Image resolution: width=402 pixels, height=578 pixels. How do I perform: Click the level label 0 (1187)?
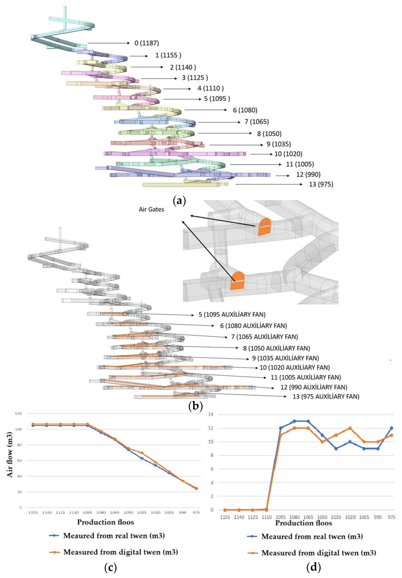click(x=147, y=43)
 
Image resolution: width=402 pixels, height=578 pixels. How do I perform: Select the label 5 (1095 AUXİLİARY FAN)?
click(x=232, y=314)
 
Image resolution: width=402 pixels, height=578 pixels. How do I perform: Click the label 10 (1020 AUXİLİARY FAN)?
click(x=295, y=368)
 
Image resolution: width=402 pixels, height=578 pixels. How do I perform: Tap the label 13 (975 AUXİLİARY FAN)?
click(x=326, y=396)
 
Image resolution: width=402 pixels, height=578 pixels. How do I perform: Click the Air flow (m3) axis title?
click(x=10, y=455)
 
